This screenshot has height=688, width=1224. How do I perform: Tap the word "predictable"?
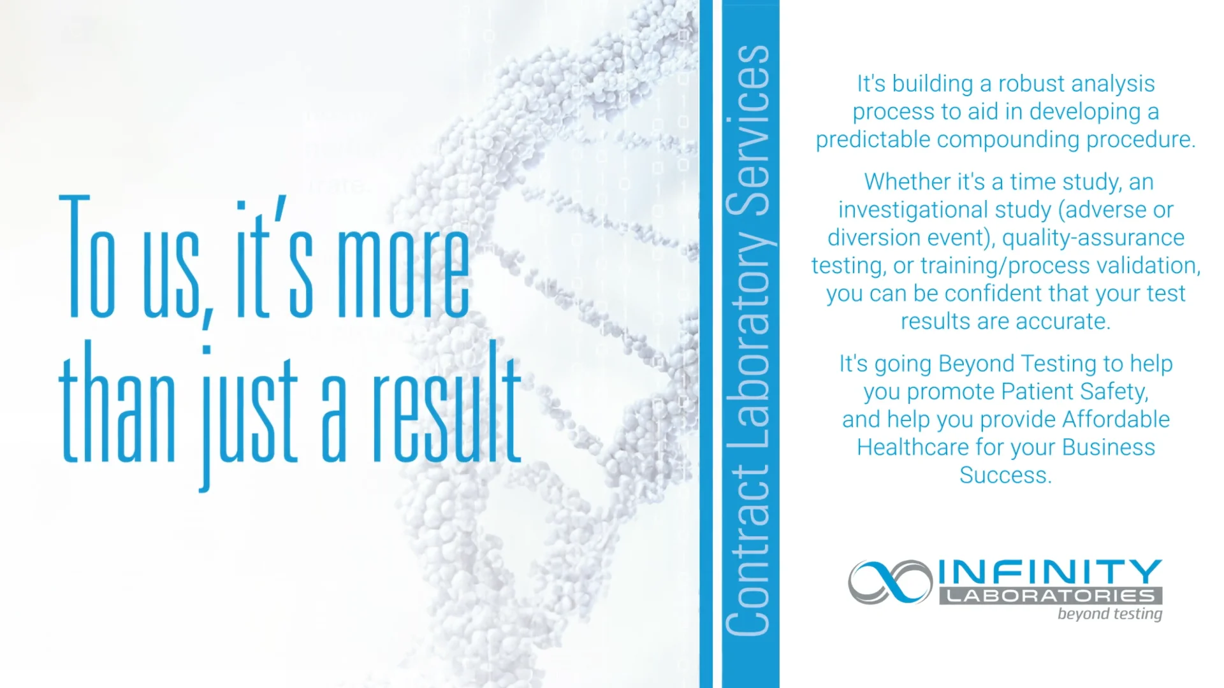pos(873,140)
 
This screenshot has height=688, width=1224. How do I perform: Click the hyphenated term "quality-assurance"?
pos(1093,238)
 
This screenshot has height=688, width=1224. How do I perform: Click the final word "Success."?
pos(1005,475)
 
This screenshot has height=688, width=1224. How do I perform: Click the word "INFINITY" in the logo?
pos(1051,572)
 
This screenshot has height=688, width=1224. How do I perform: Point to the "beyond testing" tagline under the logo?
pos(1110,613)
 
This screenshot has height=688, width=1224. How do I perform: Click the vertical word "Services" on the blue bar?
pos(748,131)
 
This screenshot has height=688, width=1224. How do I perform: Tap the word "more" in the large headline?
pos(404,272)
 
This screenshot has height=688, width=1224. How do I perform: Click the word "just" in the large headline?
pos(250,414)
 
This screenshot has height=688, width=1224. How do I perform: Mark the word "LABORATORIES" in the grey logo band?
pos(1051,596)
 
